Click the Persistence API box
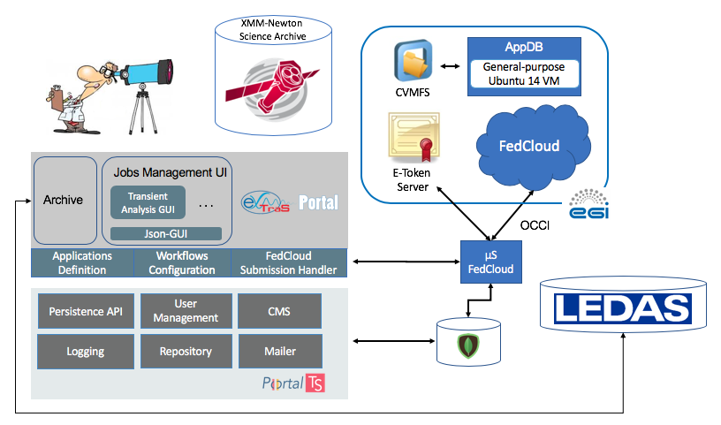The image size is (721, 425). coord(87,311)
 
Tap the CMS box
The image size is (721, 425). coord(278,311)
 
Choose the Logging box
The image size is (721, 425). coord(87,351)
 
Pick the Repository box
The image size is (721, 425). coord(185,351)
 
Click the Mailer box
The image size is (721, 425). coord(278,351)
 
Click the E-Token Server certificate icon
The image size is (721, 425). coord(411,135)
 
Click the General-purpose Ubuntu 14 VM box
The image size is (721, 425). coord(524,74)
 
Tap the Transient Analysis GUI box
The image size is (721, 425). coord(147,202)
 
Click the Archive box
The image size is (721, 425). coord(64,200)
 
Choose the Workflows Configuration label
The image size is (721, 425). coord(182,262)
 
